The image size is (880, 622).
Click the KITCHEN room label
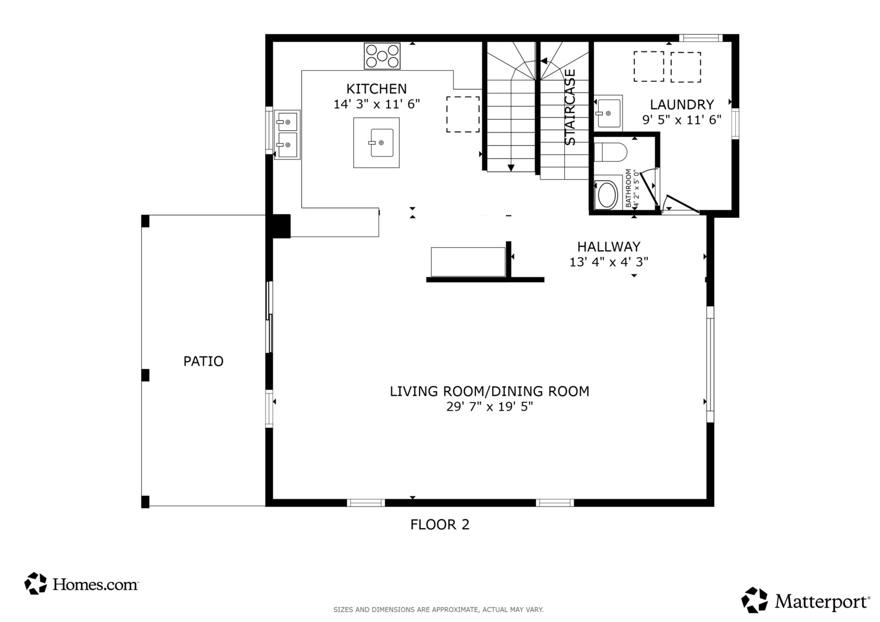(x=376, y=89)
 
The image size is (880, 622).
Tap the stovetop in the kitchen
(x=382, y=56)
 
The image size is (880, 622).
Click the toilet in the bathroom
(x=610, y=153)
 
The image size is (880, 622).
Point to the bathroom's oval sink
(x=607, y=195)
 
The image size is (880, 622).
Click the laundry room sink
(x=608, y=113)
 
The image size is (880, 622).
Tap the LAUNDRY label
(x=682, y=104)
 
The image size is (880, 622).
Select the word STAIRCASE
(x=569, y=107)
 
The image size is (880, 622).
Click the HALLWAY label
(x=609, y=246)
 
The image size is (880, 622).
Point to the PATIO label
(x=203, y=361)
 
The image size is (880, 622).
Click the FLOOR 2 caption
(x=440, y=525)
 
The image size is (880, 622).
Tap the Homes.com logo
(x=81, y=584)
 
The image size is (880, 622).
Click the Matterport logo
(x=805, y=600)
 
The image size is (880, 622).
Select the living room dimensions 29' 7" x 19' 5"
(x=489, y=406)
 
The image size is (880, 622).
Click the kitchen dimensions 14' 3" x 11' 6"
(x=376, y=104)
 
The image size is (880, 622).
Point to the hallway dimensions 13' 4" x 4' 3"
(x=609, y=261)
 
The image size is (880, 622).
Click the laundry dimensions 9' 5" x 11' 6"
(x=682, y=119)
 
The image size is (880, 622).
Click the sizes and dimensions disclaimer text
(x=439, y=609)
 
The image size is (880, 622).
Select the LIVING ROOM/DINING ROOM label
(x=489, y=392)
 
